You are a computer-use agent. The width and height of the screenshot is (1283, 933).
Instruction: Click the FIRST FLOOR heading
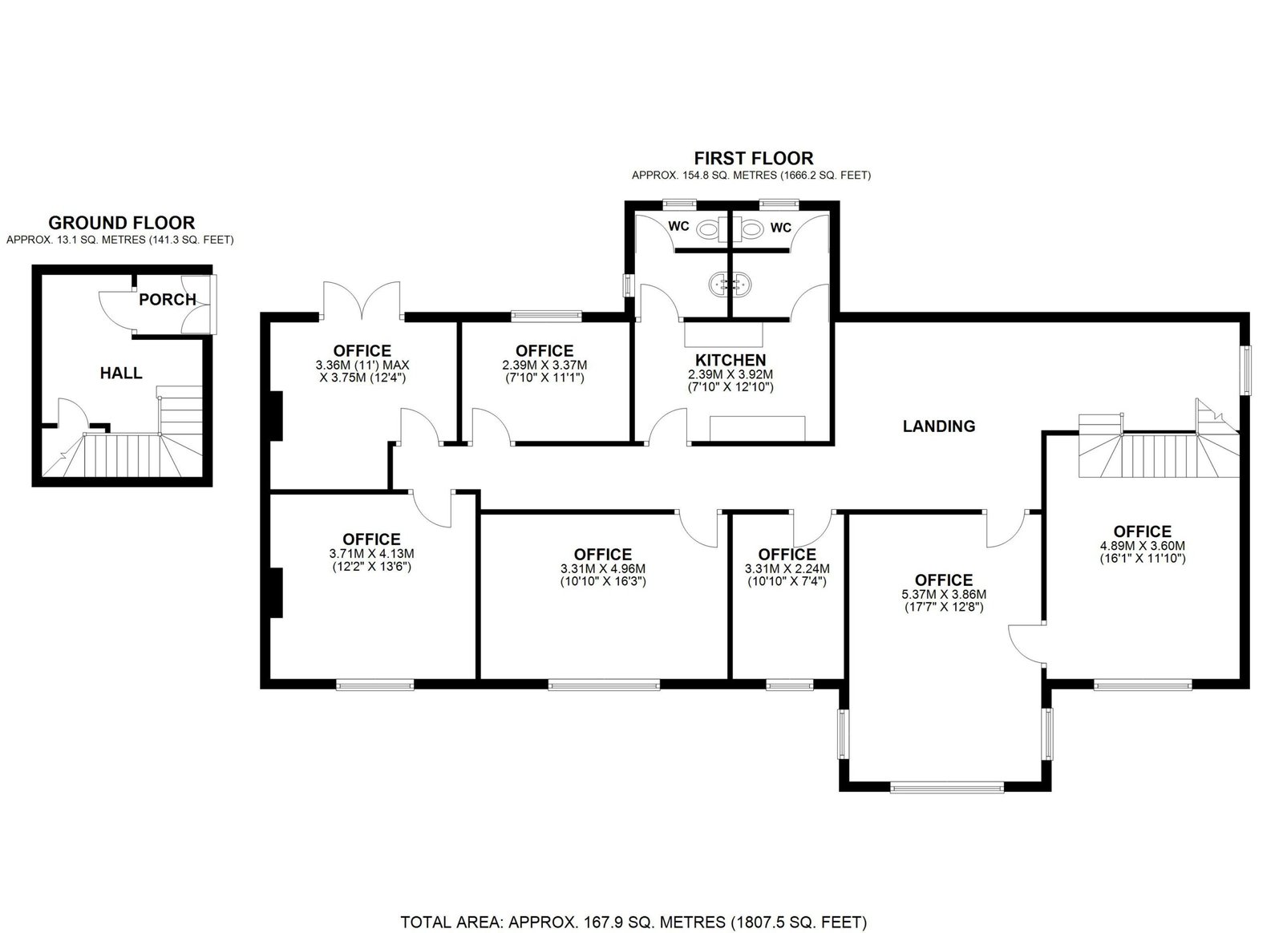[x=754, y=158]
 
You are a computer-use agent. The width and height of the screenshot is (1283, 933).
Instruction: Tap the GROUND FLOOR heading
[x=121, y=223]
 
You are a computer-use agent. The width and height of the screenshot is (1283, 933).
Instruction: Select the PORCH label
[x=168, y=299]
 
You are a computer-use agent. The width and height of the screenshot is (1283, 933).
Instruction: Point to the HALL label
[x=121, y=374]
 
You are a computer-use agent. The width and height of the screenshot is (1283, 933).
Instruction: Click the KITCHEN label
[x=731, y=360]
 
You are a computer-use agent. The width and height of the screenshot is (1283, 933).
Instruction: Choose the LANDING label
[x=939, y=426]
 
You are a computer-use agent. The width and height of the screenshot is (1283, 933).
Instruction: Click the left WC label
[x=678, y=227]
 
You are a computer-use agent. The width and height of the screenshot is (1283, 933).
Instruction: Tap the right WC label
[x=781, y=228]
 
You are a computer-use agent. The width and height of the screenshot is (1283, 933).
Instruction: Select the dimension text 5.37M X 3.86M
[x=944, y=595]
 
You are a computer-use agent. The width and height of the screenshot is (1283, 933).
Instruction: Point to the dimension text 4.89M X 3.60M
[x=1143, y=546]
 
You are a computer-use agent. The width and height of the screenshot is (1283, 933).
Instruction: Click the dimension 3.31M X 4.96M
[x=603, y=569]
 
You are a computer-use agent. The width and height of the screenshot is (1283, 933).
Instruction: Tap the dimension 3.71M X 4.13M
[x=372, y=554]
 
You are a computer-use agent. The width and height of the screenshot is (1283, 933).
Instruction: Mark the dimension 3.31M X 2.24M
[x=787, y=569]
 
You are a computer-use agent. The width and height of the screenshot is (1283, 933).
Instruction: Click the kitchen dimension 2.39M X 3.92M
[x=731, y=374]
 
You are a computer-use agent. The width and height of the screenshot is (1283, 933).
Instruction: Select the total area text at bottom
[x=633, y=890]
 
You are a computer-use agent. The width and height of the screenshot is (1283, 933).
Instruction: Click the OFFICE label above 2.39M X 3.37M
[x=544, y=351]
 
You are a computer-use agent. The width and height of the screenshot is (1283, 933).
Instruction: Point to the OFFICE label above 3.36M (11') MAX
[x=362, y=351]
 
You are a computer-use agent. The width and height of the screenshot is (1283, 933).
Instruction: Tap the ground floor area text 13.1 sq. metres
[x=119, y=240]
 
